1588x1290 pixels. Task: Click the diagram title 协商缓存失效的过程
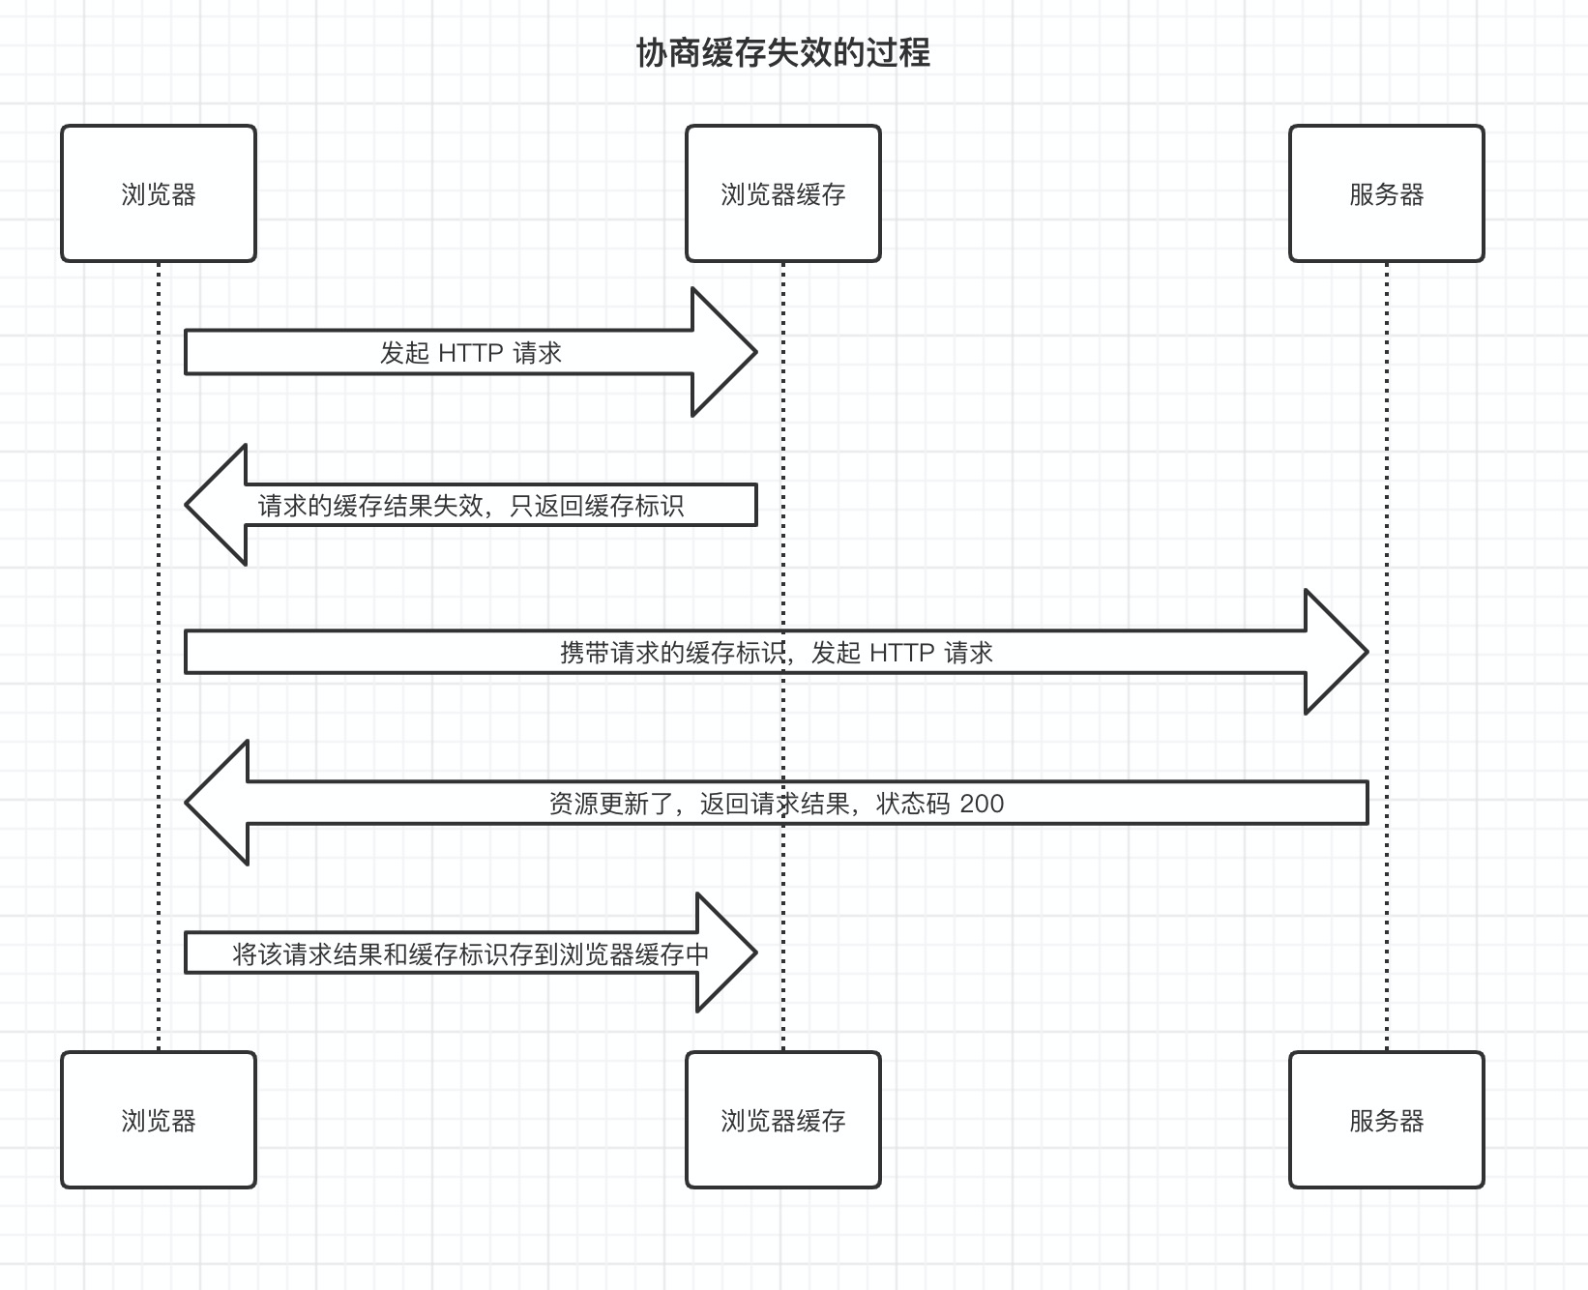coord(782,53)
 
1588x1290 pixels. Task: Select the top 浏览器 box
coord(159,193)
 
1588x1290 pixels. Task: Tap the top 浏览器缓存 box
coord(782,193)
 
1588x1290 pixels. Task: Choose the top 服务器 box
coord(1386,193)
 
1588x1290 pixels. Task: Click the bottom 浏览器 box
coord(159,1120)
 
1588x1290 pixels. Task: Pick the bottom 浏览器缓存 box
coord(782,1120)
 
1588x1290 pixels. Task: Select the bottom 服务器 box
coord(1386,1120)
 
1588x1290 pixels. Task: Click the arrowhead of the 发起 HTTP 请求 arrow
coord(725,352)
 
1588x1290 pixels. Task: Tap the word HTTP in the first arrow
coord(470,353)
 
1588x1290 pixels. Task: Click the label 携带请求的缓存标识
coord(673,653)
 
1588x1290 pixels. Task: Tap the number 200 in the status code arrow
coord(982,804)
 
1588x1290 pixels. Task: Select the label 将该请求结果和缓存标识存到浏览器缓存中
coord(470,954)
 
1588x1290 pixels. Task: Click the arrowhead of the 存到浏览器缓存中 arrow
coord(727,953)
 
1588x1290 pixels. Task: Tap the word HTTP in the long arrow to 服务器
coord(902,653)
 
